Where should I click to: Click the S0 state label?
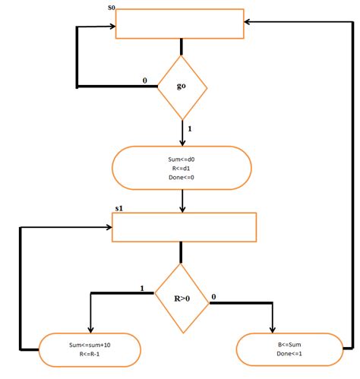[x=112, y=8]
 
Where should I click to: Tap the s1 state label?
[x=119, y=208]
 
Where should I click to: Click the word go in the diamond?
[x=182, y=86]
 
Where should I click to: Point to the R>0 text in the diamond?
[x=182, y=298]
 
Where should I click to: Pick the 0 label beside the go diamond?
[x=145, y=81]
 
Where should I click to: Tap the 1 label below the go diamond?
[x=190, y=129]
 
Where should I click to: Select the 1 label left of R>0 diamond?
[x=142, y=288]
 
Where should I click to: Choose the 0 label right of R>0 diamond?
[x=213, y=297]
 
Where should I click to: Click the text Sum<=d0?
[x=182, y=159]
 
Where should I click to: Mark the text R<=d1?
[x=181, y=169]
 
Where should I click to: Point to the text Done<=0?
[x=182, y=177]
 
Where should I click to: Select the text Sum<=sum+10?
[x=90, y=345]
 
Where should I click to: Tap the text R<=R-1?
[x=90, y=354]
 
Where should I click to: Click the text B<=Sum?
[x=289, y=345]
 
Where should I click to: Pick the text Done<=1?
[x=289, y=354]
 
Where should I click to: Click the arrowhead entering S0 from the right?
[x=246, y=22]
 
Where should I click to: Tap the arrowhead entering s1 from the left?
[x=109, y=227]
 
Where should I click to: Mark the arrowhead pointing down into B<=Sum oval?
[x=273, y=330]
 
